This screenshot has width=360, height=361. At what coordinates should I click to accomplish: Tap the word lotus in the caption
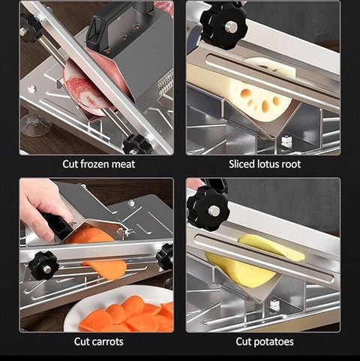(x=267, y=164)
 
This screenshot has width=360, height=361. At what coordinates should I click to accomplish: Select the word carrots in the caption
(x=106, y=341)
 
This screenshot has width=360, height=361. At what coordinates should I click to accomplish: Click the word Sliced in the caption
(x=241, y=164)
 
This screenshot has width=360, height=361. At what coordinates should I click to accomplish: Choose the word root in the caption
(x=290, y=164)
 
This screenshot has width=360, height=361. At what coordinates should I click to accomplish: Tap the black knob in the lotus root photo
(x=224, y=25)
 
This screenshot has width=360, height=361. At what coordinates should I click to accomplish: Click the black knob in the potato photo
(x=208, y=209)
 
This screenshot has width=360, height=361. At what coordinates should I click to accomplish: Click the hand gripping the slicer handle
(x=43, y=205)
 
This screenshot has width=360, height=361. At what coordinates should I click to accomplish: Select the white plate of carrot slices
(x=120, y=309)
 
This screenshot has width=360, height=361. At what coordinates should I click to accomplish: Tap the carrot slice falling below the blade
(x=106, y=269)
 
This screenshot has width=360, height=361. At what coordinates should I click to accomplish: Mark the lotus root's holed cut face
(x=260, y=100)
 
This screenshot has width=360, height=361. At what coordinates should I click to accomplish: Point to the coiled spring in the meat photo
(x=166, y=83)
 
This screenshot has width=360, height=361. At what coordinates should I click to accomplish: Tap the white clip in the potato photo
(x=275, y=305)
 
